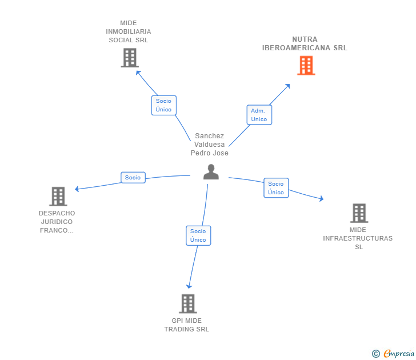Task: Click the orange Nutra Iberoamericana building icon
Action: pos(306,66)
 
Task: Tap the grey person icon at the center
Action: pos(211,172)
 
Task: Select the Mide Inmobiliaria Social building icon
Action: pos(130,58)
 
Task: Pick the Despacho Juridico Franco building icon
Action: pos(58,197)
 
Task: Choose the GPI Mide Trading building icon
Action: pos(187,303)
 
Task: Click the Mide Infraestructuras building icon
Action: pos(359,213)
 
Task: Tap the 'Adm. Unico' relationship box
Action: pos(259,115)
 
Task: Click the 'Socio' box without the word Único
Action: pos(133,178)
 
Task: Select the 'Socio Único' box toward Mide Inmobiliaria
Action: pos(163,105)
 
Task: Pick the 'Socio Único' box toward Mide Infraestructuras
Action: pos(276,188)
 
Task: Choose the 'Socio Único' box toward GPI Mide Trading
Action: pos(198,235)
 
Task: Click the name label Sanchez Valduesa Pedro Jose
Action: pos(209,145)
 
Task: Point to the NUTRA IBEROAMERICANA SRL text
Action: pos(305,44)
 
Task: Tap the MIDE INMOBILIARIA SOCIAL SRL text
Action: pos(129,31)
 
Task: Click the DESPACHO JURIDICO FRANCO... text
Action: pos(57,222)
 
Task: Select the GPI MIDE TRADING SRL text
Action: pos(187,325)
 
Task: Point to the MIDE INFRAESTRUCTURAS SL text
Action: pos(358,238)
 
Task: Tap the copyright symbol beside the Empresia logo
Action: pos(375,354)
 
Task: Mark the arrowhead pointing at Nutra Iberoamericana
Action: pos(287,86)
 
